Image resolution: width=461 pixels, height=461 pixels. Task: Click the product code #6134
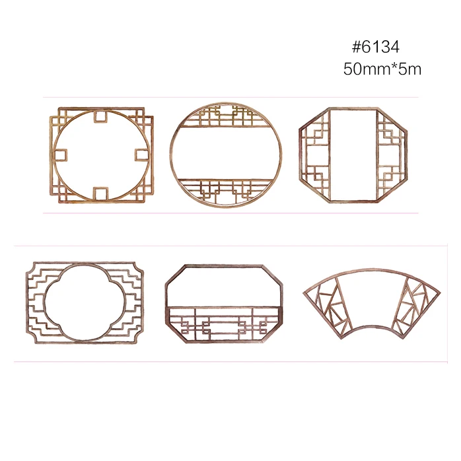[x=376, y=47]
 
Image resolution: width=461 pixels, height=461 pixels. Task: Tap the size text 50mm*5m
[x=382, y=69]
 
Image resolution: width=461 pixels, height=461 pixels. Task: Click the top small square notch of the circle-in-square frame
[x=100, y=116]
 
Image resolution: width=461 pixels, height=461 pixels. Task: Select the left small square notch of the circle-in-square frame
[x=61, y=155]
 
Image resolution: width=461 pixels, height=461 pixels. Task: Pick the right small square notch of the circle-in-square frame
[x=142, y=155]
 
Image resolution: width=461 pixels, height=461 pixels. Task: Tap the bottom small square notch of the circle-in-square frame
[x=100, y=194]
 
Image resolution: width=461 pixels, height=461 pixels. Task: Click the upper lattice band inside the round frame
[x=226, y=116]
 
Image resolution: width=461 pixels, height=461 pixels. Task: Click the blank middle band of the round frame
[x=226, y=153]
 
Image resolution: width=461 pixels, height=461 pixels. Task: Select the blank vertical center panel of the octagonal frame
[x=353, y=155]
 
